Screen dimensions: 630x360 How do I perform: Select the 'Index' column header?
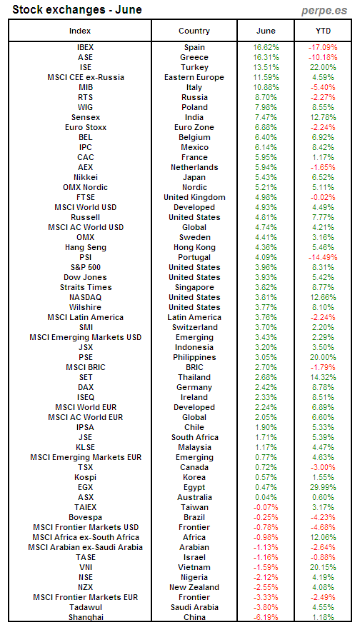click(x=85, y=31)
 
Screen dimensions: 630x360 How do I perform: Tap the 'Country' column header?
click(x=194, y=31)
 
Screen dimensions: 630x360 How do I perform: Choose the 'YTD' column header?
click(x=323, y=31)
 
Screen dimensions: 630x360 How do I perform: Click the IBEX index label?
click(x=85, y=47)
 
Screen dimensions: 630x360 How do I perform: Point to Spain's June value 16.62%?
click(x=266, y=47)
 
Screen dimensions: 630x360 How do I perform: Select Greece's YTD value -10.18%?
click(x=323, y=57)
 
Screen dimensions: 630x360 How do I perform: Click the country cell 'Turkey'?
click(x=194, y=67)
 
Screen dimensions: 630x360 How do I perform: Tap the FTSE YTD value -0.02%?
click(x=323, y=197)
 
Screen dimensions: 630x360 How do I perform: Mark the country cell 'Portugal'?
click(x=194, y=257)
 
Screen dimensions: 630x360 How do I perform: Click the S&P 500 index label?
click(x=85, y=267)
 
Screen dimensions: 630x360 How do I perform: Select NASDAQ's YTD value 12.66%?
click(x=323, y=297)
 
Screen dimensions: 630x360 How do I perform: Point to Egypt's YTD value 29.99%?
click(x=323, y=487)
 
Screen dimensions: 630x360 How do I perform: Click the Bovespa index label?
click(x=85, y=517)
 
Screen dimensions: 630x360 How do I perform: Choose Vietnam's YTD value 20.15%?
click(x=323, y=567)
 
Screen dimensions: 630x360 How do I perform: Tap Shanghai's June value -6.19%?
click(x=266, y=617)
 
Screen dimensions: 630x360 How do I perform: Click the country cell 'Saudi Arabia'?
click(x=194, y=607)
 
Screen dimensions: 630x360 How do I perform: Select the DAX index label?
click(x=85, y=387)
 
